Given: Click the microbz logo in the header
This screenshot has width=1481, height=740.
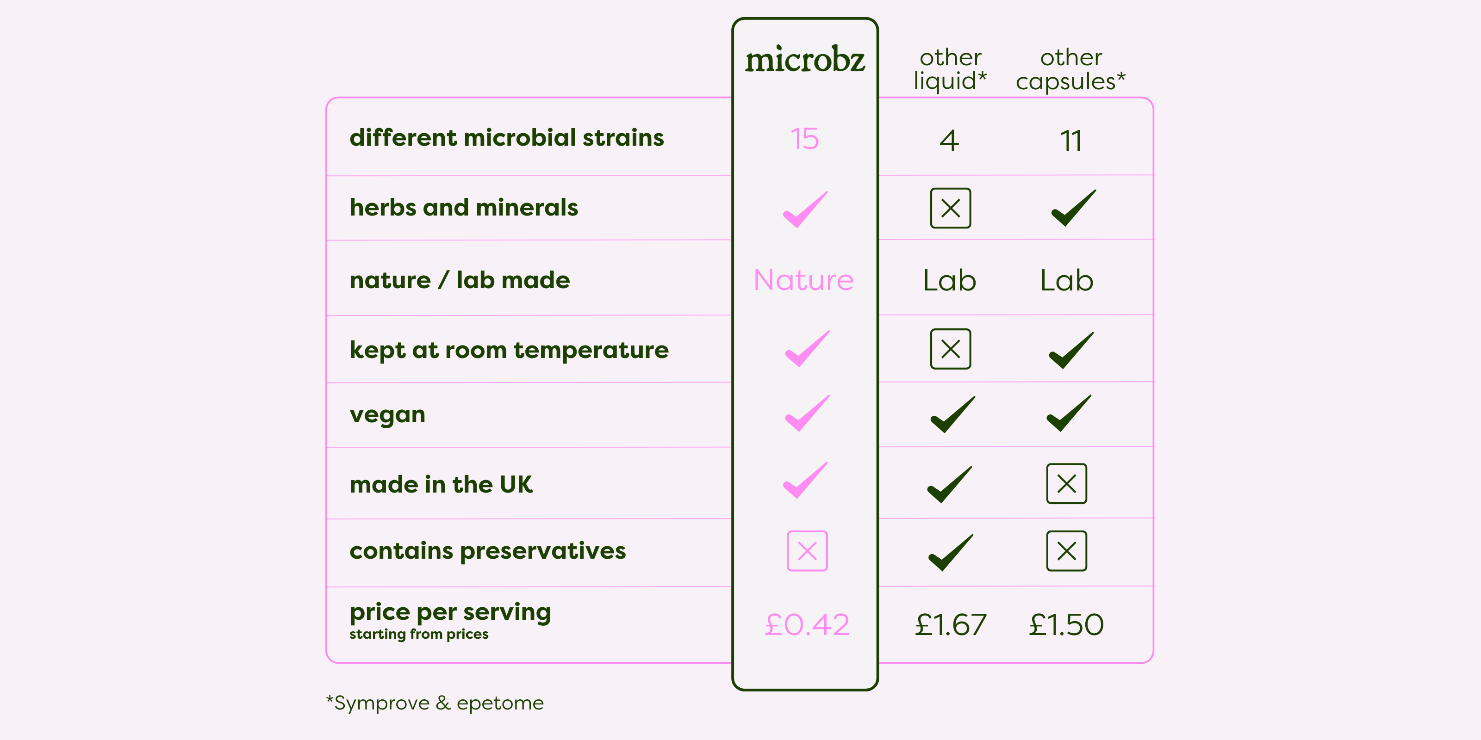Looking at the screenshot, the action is pyautogui.click(x=805, y=59).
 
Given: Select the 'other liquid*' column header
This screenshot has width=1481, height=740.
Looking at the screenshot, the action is pyautogui.click(x=950, y=69).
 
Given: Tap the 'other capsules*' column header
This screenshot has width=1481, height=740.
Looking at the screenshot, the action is pyautogui.click(x=1070, y=69).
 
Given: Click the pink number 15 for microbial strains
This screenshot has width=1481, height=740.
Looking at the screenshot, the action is pyautogui.click(x=804, y=139).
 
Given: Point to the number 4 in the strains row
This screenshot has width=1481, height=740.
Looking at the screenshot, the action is pyautogui.click(x=950, y=141).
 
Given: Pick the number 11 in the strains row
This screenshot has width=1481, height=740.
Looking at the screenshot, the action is pyautogui.click(x=1071, y=141).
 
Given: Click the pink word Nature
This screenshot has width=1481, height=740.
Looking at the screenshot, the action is pyautogui.click(x=804, y=280).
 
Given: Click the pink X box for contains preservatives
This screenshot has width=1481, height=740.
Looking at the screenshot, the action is pyautogui.click(x=807, y=551).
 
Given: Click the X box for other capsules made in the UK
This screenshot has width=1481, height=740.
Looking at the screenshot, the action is pyautogui.click(x=1066, y=484).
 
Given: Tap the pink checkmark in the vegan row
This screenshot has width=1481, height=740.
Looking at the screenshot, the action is pyautogui.click(x=807, y=413).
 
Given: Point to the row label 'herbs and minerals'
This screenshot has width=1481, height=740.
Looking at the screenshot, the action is pyautogui.click(x=464, y=207).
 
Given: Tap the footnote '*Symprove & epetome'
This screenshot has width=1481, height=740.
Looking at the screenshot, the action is pyautogui.click(x=435, y=703).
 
